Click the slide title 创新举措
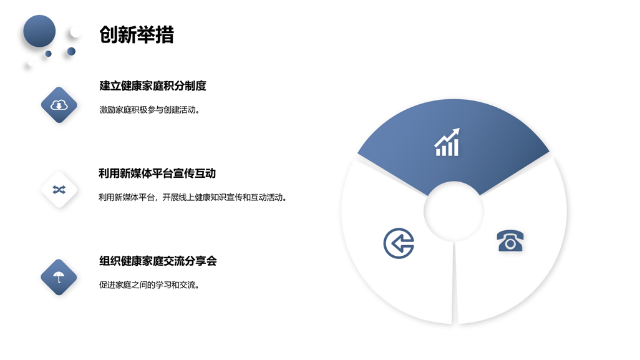137,35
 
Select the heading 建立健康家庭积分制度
153,85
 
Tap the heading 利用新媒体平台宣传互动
157,173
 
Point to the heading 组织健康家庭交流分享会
158,261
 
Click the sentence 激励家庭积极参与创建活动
149,110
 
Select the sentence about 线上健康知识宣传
193,198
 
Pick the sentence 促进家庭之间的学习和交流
149,285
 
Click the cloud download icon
59,105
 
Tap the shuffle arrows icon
59,190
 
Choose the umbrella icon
59,277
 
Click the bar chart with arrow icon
447,142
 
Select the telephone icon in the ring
510,241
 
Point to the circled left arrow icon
399,243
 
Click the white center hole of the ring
453,212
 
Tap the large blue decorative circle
39,31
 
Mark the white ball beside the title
75,32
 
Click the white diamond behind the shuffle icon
59,190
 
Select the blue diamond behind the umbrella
59,277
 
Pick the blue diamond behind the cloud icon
59,105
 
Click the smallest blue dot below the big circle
48,54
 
